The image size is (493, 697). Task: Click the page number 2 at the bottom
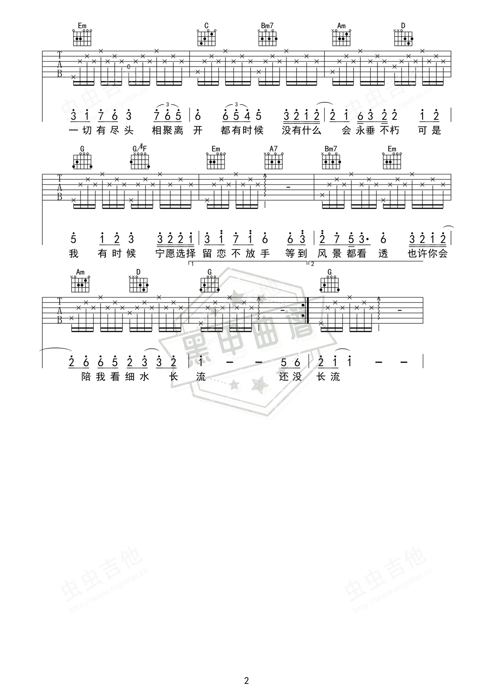pos(246,680)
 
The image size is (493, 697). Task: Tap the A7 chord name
pos(273,149)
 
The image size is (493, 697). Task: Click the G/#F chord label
pos(139,148)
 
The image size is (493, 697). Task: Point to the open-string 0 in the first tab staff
pos(129,67)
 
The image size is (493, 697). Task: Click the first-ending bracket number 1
pos(192,264)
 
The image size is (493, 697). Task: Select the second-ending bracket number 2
pos(312,264)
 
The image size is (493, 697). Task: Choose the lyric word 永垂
pos(365,130)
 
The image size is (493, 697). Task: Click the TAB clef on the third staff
pos(60,310)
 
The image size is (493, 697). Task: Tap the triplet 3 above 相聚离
pos(167,104)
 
